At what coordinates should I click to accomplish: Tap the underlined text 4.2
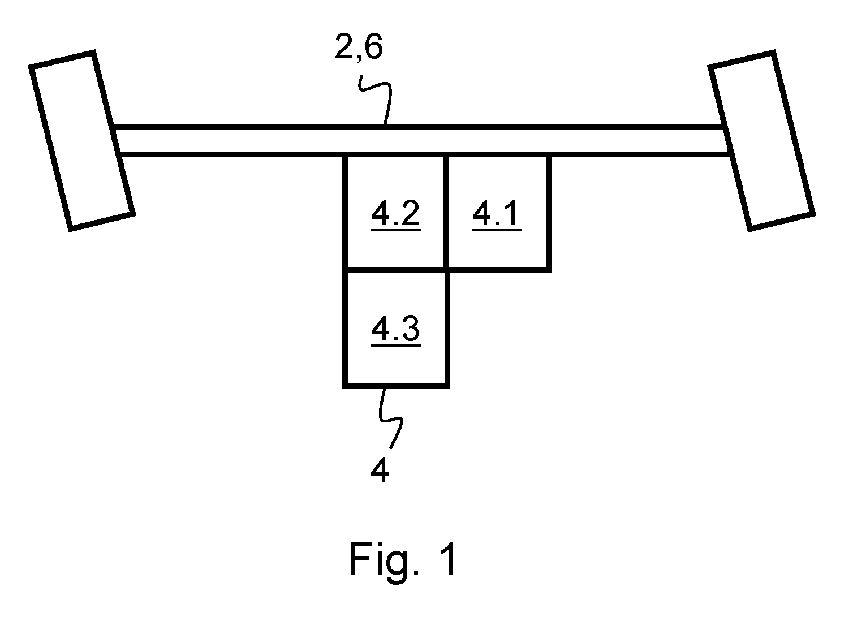point(395,215)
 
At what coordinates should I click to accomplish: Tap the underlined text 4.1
point(497,215)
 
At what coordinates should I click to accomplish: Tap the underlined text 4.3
point(395,330)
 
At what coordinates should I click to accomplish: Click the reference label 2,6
point(359,48)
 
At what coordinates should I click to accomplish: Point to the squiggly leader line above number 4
point(389,418)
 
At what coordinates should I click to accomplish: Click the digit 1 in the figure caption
point(449,559)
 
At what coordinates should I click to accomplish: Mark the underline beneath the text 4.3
point(395,346)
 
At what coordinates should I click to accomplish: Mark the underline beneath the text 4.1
point(497,230)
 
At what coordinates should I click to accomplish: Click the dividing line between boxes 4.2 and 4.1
point(446,213)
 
